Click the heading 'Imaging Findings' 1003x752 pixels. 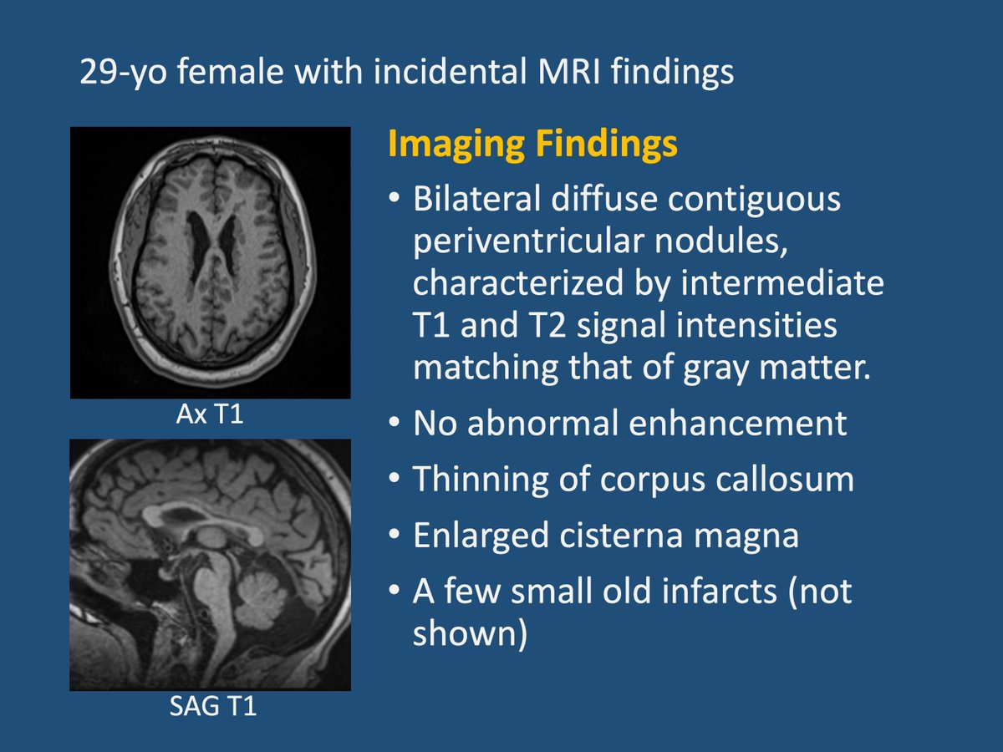tap(532, 145)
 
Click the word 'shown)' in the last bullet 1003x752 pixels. tap(470, 633)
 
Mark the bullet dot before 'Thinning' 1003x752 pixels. tap(394, 480)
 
